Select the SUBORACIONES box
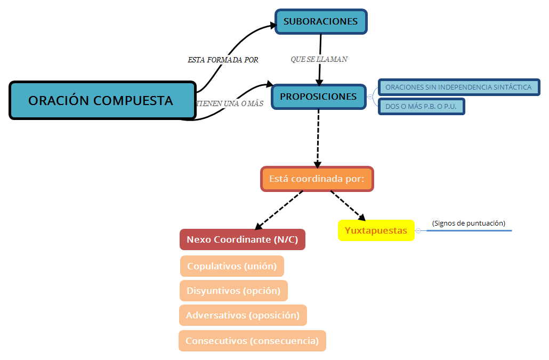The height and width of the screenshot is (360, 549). (321, 22)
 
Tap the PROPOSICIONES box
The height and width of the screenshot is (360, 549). (319, 97)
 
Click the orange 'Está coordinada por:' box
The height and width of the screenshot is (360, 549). (317, 179)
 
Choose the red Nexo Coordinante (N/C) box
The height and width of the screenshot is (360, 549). (243, 240)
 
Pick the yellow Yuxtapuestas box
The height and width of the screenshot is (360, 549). (376, 230)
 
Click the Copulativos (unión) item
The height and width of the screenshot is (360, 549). (232, 266)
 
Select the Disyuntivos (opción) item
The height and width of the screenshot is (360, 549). (233, 291)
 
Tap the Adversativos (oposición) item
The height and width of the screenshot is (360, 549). (243, 315)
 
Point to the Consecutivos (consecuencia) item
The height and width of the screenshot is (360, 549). (252, 341)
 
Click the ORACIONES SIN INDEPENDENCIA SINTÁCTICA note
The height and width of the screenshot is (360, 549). (459, 87)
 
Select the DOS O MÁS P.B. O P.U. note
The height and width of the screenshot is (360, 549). (422, 106)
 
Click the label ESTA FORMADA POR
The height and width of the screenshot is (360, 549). (223, 60)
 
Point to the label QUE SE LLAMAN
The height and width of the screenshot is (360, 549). (319, 59)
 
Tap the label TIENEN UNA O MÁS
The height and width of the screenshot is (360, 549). (230, 103)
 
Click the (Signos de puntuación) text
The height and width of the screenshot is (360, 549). (469, 223)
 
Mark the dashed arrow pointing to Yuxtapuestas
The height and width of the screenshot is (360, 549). (348, 205)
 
